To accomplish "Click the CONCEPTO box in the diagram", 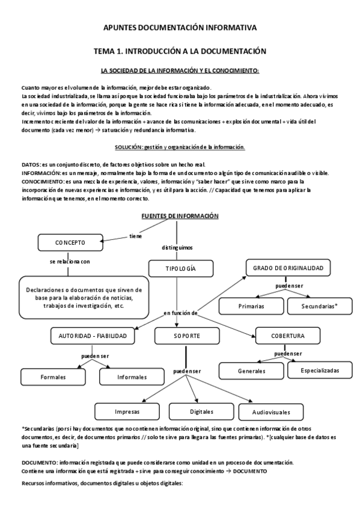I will click(x=70, y=243).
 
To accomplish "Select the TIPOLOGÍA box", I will click(x=180, y=268).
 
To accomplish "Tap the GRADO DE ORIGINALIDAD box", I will click(x=288, y=267).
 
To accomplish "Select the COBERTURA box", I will click(x=287, y=335).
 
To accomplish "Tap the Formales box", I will click(x=53, y=377).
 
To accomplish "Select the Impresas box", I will click(x=127, y=412).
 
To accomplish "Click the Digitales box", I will click(x=201, y=412).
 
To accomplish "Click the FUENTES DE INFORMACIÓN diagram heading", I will click(x=180, y=216).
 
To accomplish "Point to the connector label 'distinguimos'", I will click(x=177, y=247).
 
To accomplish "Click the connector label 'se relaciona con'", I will click(x=70, y=262).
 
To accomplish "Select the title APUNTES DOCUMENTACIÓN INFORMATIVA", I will click(x=180, y=28).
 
